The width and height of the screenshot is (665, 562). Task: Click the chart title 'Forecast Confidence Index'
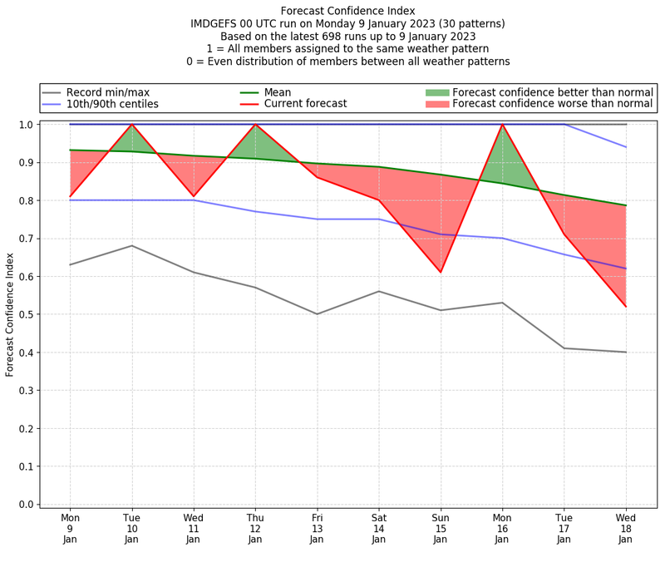tap(347, 11)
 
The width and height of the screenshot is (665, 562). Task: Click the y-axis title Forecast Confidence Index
tap(10, 314)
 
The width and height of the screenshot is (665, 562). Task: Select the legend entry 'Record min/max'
tap(107, 91)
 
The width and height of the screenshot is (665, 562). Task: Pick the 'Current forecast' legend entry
tap(305, 104)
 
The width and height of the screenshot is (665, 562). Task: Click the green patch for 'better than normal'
tap(437, 91)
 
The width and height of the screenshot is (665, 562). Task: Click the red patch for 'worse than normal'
tap(437, 104)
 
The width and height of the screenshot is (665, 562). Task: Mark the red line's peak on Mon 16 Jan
tap(502, 125)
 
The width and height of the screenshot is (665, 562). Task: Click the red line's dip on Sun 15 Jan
tap(441, 272)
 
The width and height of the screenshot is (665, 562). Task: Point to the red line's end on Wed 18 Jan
tap(626, 307)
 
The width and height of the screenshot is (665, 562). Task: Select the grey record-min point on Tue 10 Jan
tap(131, 245)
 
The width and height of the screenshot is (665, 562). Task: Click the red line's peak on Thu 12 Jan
tap(255, 125)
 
